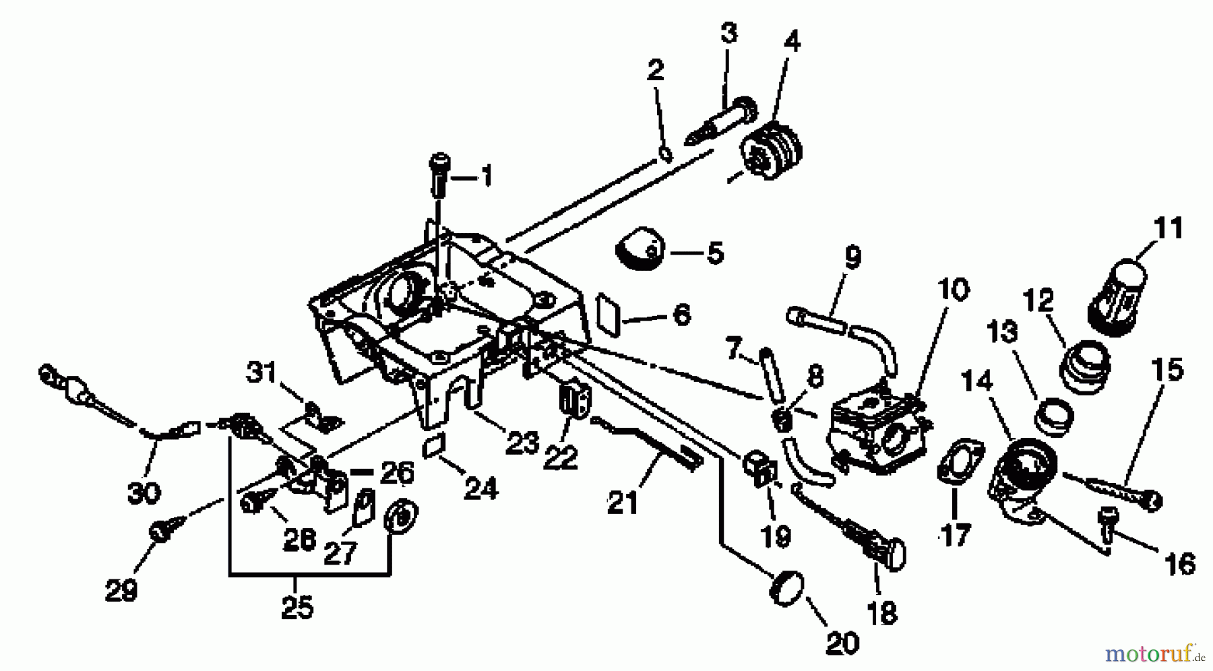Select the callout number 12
tap(1038, 301)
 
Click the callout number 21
tap(623, 502)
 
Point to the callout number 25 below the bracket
tap(297, 608)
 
